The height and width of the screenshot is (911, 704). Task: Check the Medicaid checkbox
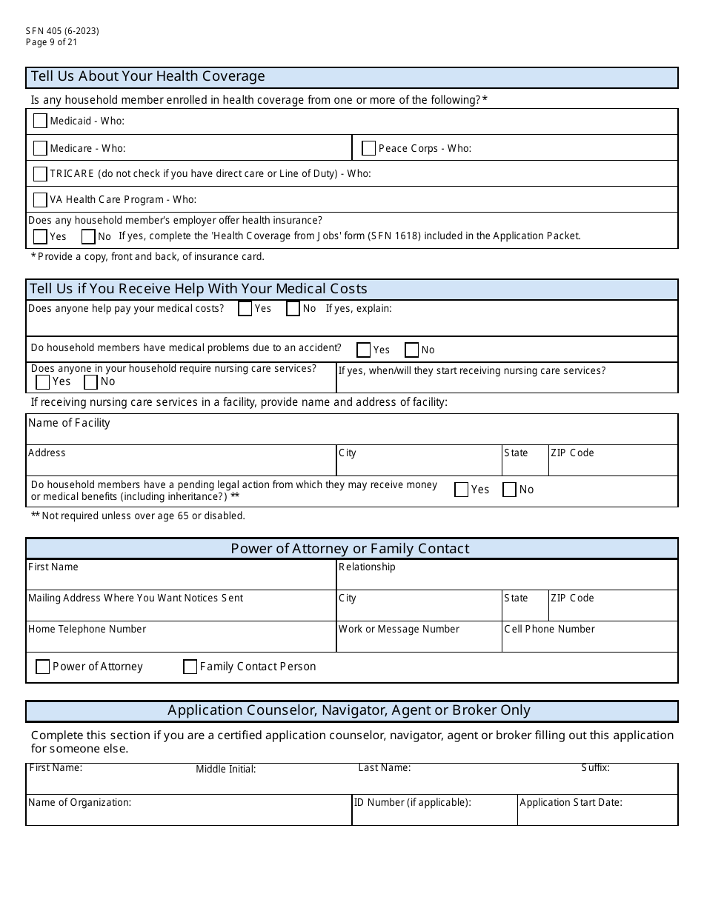tap(40, 121)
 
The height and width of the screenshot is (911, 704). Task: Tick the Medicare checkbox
tap(40, 148)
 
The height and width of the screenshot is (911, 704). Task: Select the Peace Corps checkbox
tap(368, 148)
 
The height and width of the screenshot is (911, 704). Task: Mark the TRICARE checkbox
tap(40, 174)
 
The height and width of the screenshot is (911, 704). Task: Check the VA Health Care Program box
tap(40, 199)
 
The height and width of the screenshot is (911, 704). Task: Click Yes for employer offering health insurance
tap(40, 237)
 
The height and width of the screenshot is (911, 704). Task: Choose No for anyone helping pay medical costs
tap(293, 309)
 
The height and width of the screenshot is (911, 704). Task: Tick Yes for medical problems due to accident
tap(363, 350)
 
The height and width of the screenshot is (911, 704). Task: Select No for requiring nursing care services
tap(91, 382)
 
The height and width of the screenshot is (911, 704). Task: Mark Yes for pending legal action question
tap(461, 490)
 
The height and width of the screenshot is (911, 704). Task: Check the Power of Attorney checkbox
tap(43, 667)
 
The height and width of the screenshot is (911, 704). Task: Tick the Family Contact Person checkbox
tap(190, 667)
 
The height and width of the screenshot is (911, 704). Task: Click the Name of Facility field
tap(351, 434)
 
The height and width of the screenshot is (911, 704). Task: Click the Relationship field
tap(507, 578)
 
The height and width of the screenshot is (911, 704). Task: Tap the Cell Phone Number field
tap(590, 641)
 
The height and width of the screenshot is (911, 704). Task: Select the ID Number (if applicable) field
tap(434, 814)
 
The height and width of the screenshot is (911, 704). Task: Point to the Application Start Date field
tap(597, 814)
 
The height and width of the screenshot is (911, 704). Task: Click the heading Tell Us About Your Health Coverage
tap(147, 77)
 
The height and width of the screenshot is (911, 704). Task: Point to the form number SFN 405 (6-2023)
tap(62, 31)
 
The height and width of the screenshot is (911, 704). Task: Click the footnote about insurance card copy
tap(147, 257)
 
